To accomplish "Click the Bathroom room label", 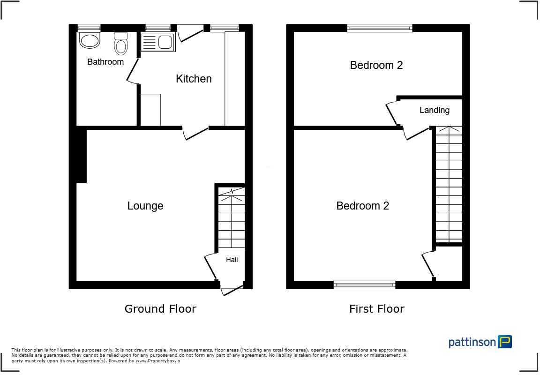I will coord(105,62).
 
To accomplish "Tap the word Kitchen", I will coord(194,79).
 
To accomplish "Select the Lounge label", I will coord(145,206).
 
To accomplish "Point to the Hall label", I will coord(232,260).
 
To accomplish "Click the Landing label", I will coord(435,111).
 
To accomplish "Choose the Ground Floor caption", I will coord(160,309).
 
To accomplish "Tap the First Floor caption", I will coord(376,309).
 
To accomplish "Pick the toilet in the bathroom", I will coord(121,44).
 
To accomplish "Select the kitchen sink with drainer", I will coord(157,43).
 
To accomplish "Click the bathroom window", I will coord(89,28).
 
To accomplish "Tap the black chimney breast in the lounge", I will coord(81,156).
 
